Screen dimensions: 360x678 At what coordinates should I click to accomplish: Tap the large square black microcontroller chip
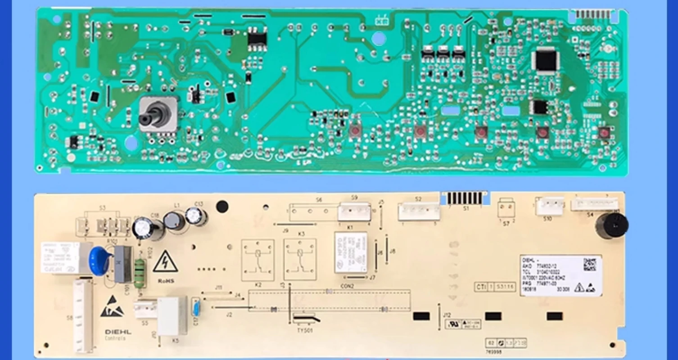[x=545, y=61]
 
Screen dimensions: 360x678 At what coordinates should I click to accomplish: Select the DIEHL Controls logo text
[x=118, y=334]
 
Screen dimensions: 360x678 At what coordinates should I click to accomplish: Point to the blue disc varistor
[x=99, y=260]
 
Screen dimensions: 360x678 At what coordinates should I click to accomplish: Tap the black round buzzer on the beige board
[x=611, y=225]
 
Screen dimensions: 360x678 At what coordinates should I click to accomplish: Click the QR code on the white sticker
[x=589, y=264]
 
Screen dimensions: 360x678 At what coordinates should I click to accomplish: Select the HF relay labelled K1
[x=350, y=252]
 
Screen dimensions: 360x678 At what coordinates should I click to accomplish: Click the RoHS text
[x=166, y=280]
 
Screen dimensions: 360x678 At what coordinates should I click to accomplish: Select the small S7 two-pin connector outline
[x=506, y=209]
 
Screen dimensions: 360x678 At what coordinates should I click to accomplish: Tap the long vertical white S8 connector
[x=83, y=315]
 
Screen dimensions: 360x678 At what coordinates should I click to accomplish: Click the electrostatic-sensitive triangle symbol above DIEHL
[x=109, y=306]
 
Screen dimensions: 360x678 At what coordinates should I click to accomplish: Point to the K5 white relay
[x=171, y=315]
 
